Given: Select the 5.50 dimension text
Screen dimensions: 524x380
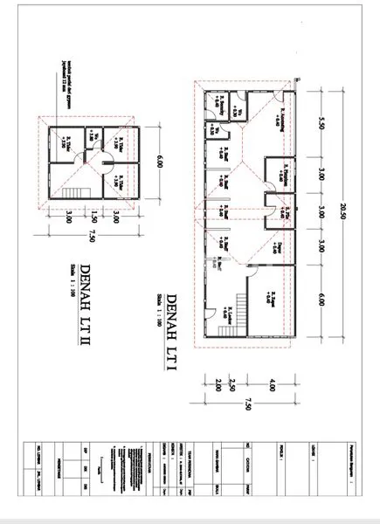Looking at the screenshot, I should pyautogui.click(x=321, y=123).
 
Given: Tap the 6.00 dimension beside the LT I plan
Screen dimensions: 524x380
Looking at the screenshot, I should pyautogui.click(x=321, y=298).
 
